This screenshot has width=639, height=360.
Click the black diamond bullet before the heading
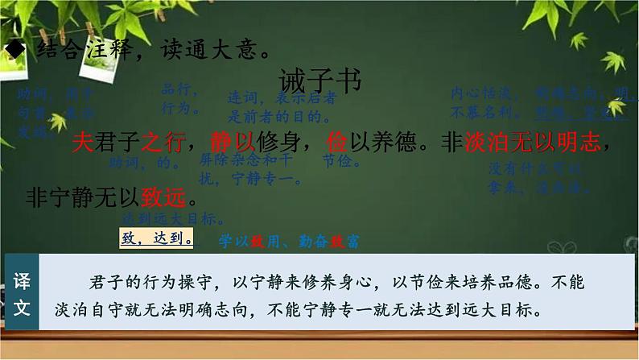[x=13, y=51]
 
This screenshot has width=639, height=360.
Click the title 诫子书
[x=320, y=81]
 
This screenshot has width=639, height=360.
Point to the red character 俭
[x=337, y=143]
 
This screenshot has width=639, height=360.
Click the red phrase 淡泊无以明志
[x=532, y=143]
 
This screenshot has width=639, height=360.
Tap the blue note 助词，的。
[x=145, y=163]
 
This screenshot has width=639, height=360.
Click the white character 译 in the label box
[x=21, y=278]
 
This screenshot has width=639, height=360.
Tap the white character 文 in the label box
[x=21, y=308]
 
